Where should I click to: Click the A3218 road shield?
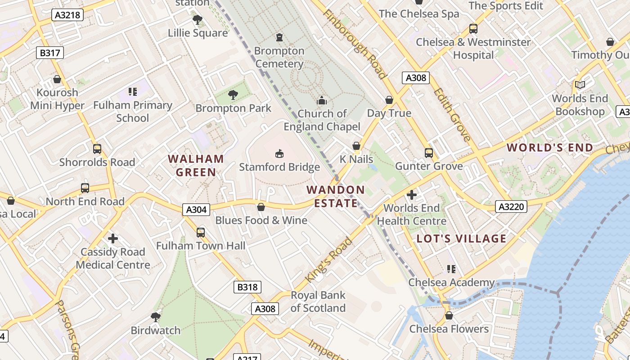coord(67,15)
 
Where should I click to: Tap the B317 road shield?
coord(49,53)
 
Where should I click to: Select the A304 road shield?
coord(196,209)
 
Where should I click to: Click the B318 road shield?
coord(247,287)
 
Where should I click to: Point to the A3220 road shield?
coord(512,207)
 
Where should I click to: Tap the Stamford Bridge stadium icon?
coord(279,154)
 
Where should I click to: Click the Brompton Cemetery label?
coord(279,57)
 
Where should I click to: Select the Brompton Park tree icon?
coord(233,94)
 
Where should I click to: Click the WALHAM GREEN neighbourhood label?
coord(196,165)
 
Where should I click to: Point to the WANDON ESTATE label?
coord(336,196)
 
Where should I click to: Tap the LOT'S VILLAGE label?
coord(462,238)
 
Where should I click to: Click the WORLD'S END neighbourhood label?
coord(550,148)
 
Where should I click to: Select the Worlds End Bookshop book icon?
coord(580,85)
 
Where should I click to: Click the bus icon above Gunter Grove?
coord(428,153)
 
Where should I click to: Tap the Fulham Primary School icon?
coord(132,92)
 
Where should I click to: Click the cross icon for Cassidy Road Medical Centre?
coord(113,238)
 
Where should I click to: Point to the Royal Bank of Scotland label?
coord(318,301)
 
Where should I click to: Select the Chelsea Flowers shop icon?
coord(449,315)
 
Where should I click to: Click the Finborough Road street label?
coord(355,44)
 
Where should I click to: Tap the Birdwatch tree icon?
coord(156,317)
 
